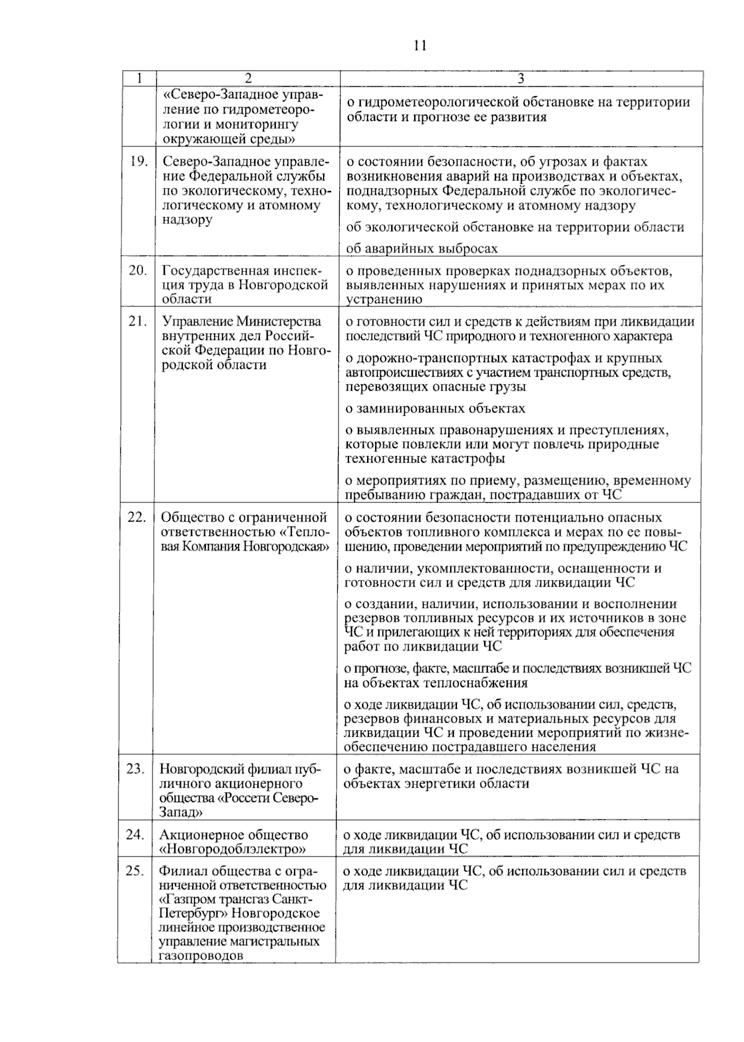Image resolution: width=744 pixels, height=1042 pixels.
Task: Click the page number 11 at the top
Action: click(420, 46)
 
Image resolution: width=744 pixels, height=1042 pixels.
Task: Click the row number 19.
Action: click(138, 162)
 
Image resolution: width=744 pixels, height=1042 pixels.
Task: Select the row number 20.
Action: click(138, 270)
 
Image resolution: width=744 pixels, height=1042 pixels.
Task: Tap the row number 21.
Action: click(138, 321)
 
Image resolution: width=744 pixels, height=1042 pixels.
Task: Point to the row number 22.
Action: click(136, 517)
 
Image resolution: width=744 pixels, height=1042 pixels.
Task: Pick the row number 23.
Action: click(135, 769)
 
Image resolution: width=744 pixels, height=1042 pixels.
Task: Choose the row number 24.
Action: click(135, 835)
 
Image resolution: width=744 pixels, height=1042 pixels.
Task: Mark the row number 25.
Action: click(135, 871)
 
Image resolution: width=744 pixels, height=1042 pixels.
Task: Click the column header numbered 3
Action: click(521, 78)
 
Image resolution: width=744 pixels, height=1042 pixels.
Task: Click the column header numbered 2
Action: click(248, 78)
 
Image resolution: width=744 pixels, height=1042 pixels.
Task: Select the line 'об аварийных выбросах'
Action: click(422, 249)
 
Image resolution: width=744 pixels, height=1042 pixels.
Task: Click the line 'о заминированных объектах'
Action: click(435, 409)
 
